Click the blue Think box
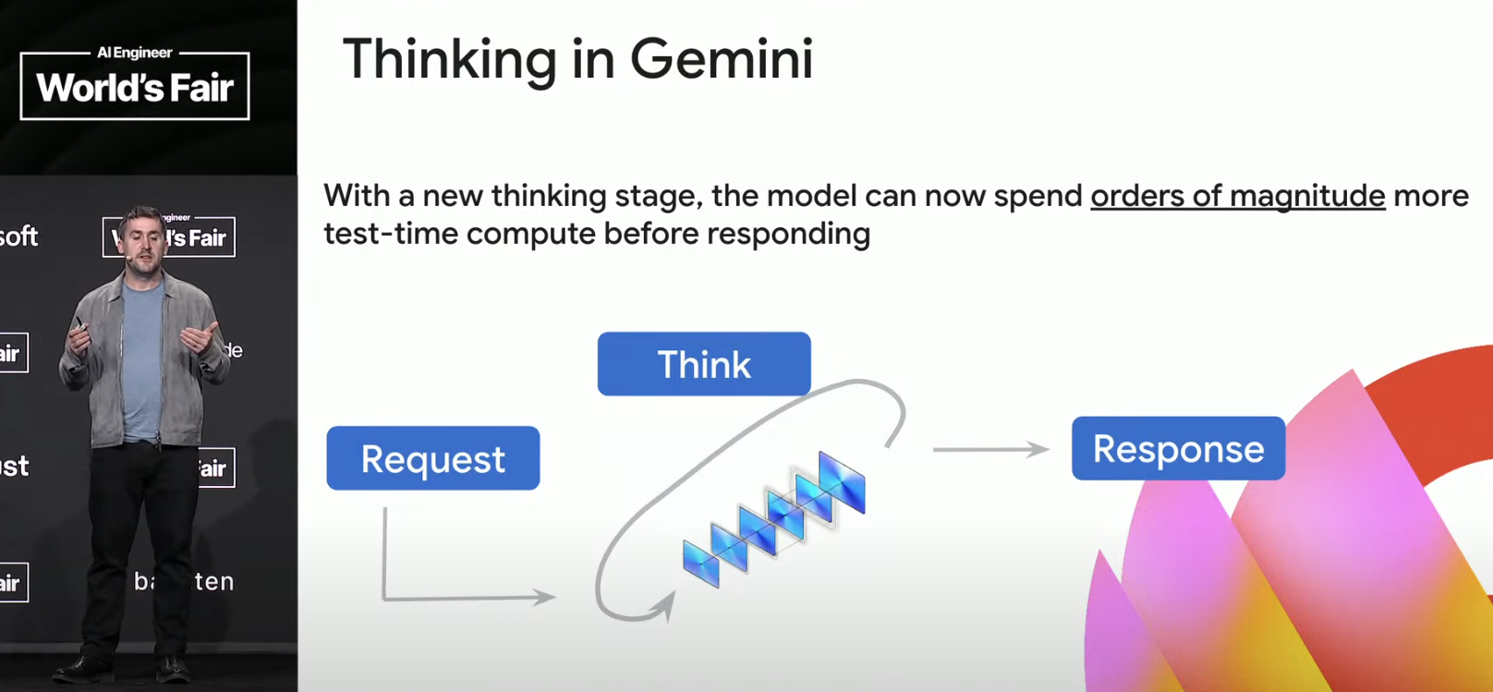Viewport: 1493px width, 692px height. [x=704, y=364]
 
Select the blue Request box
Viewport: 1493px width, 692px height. [x=432, y=458]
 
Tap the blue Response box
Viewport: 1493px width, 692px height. [x=1178, y=448]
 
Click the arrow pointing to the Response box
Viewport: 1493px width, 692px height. [x=990, y=450]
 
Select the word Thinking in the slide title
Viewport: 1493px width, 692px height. [x=449, y=61]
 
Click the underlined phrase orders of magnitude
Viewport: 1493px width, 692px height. [x=1237, y=196]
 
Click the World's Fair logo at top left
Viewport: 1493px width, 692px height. [x=135, y=86]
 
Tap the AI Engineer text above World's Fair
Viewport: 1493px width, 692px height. [x=135, y=53]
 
